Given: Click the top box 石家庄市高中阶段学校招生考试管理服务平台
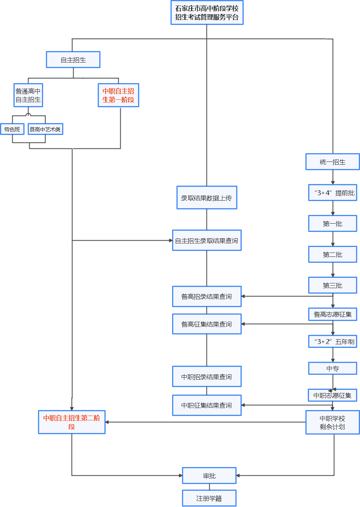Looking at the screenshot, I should click(x=207, y=13).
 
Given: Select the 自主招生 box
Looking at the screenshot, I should click(x=73, y=60).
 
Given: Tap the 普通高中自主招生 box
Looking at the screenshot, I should click(x=28, y=95).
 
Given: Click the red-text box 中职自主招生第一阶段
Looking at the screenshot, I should click(x=118, y=95).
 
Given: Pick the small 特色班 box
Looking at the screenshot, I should click(x=12, y=129).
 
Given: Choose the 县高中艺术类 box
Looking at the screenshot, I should click(x=45, y=129).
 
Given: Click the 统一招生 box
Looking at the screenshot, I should click(x=332, y=161).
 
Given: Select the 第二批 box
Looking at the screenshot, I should click(x=332, y=254).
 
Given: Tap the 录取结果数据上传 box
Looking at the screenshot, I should click(x=207, y=198).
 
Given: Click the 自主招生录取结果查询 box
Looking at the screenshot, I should click(x=207, y=240).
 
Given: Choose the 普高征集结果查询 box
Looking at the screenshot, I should click(x=207, y=324).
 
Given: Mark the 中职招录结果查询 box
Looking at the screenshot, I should click(x=207, y=376).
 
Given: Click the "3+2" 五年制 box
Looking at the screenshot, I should click(x=332, y=342).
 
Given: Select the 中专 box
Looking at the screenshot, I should click(x=332, y=368).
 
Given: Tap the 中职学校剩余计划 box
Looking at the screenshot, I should click(x=332, y=422).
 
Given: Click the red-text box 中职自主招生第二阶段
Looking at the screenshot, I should click(x=72, y=422).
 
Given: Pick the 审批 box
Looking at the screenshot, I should click(x=209, y=476).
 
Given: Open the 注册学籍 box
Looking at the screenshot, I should click(x=209, y=498).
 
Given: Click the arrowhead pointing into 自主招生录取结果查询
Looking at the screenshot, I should click(x=171, y=240).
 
